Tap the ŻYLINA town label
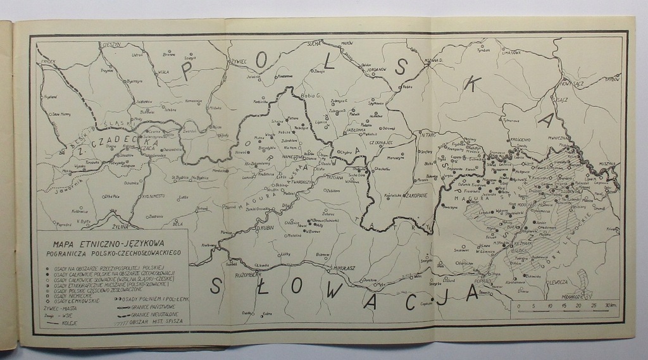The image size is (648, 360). point(120,226)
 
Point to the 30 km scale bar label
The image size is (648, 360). point(610,306)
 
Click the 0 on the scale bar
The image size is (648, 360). point(519,306)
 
